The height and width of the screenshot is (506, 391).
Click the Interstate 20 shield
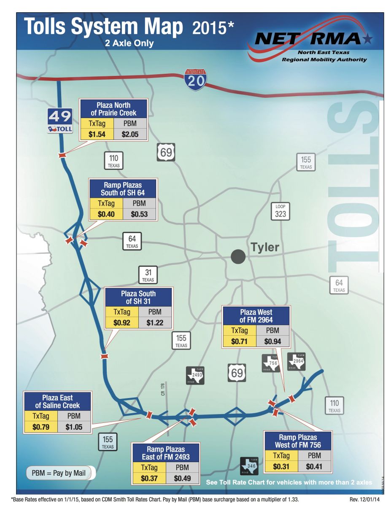point(195,79)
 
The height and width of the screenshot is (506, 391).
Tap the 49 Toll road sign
point(60,121)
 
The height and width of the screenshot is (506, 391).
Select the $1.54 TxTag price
point(96,135)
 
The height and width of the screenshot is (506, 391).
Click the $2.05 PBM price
point(130,135)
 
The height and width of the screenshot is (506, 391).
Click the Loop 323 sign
point(280,211)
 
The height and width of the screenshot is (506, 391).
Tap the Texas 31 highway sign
point(148,275)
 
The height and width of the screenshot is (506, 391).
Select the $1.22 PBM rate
point(155,323)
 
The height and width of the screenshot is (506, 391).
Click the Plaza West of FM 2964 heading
point(256,316)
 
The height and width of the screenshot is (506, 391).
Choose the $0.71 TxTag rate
point(239,341)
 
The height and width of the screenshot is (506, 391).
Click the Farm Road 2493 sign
point(196,375)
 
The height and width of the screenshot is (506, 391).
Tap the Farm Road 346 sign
point(249,466)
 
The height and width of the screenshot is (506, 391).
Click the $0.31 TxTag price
point(281,467)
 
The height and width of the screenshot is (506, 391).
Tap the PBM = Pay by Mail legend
point(59,473)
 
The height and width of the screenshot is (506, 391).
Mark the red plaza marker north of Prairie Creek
point(62,156)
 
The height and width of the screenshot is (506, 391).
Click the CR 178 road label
point(162,389)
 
